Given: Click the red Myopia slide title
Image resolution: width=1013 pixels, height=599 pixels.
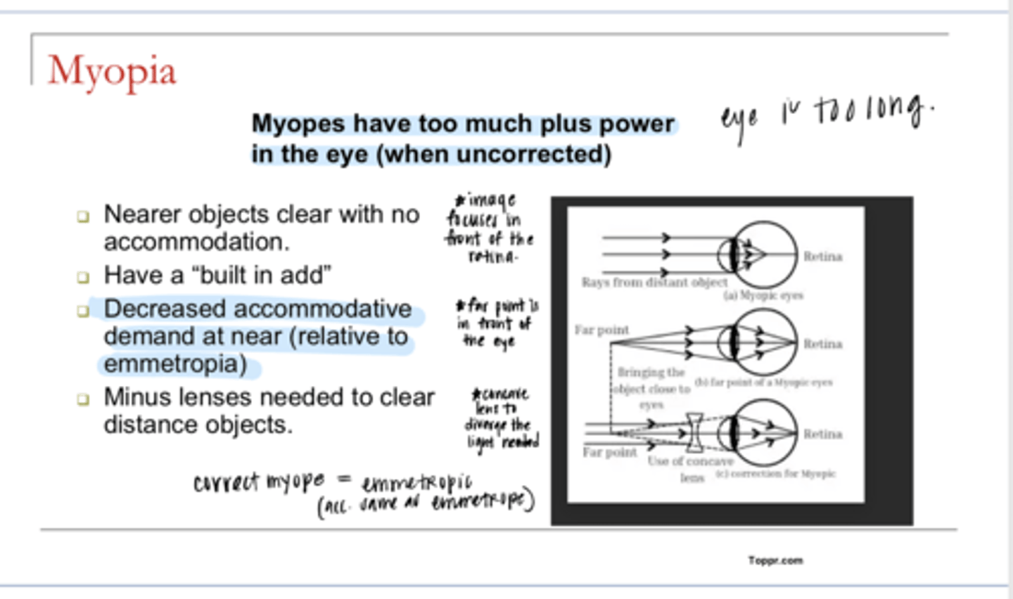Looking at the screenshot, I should tap(112, 72).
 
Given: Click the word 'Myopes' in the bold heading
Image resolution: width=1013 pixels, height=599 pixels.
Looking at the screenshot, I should tap(298, 124).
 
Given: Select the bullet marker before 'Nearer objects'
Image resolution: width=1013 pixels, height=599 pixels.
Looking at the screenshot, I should tap(84, 216).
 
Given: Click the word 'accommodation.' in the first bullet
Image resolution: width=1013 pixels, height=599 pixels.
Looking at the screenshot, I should tap(196, 242).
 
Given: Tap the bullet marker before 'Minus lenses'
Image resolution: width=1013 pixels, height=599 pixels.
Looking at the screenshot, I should tap(84, 399).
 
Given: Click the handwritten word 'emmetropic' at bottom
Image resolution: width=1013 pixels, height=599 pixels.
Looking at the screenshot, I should tap(416, 482).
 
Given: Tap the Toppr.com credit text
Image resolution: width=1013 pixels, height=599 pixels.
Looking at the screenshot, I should tap(775, 560).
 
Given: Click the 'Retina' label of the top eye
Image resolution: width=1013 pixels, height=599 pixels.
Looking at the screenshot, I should tap(822, 257).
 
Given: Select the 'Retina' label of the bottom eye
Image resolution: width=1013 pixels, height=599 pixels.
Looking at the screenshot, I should tap(822, 434).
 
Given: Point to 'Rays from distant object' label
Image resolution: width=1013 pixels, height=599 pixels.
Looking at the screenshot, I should tap(654, 283).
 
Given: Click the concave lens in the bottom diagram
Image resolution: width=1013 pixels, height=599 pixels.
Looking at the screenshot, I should tap(694, 432).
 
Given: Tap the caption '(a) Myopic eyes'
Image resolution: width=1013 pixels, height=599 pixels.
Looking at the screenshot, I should tap(763, 296).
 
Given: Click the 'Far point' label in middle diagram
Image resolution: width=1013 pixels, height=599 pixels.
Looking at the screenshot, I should tap(601, 330).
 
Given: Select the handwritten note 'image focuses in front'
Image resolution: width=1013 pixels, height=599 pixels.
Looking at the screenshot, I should tap(490, 228).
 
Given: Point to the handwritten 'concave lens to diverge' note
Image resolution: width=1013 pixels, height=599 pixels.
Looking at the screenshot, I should tap(501, 418).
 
